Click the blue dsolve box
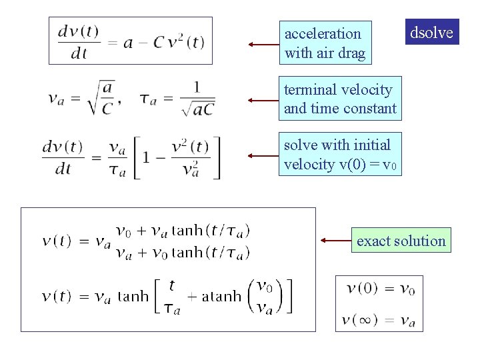tap(432, 32)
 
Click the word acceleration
tap(323, 33)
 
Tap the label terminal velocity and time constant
tap(340, 99)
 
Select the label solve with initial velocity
tap(340, 155)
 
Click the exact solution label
tap(401, 241)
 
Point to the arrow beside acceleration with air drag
tap(263, 45)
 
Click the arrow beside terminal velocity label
tap(263, 100)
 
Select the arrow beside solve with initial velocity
tap(263, 156)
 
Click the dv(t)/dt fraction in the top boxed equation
tap(79, 41)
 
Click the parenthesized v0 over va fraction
tap(265, 296)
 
